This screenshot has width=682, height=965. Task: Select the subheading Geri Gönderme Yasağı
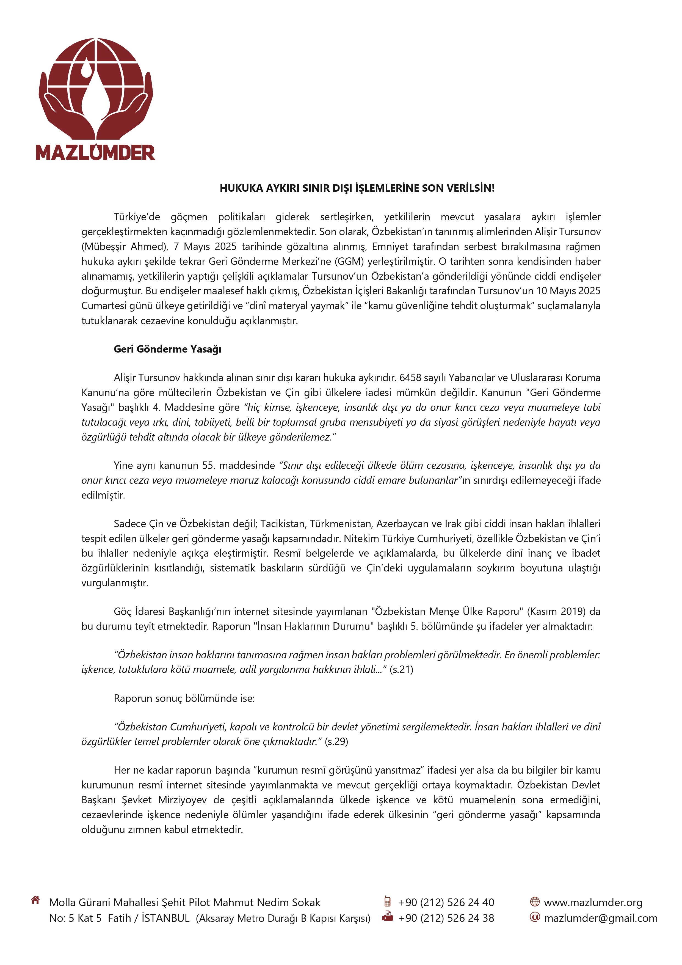[167, 349]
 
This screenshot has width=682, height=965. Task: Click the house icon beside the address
[35, 900]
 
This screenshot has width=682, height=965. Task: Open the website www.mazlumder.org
[593, 902]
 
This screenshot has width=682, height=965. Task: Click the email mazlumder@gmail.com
[600, 918]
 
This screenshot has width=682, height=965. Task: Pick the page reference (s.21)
[401, 670]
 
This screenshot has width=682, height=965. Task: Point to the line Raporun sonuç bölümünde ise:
[184, 698]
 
